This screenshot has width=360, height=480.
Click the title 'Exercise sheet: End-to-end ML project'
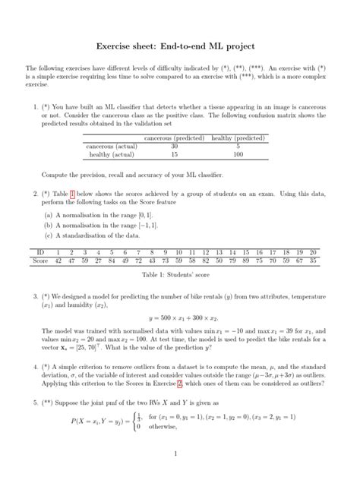coord(180,46)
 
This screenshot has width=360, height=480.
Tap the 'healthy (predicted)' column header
coord(238,138)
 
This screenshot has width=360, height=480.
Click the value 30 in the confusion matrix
coord(175,146)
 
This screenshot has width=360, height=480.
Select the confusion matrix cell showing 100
coord(238,154)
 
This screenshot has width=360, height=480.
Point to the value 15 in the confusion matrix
coord(175,154)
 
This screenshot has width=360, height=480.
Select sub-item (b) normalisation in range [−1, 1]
coord(96,226)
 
